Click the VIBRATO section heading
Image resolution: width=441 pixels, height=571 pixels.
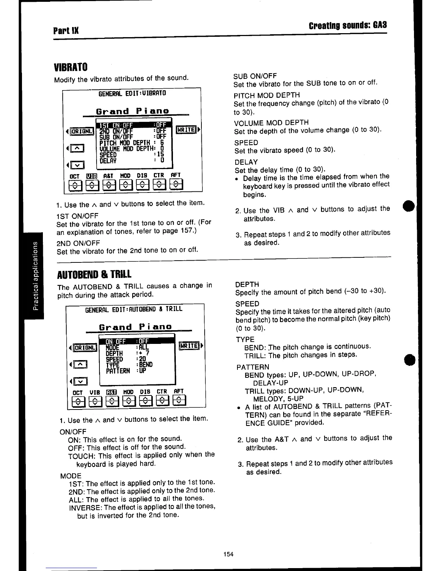(x=71, y=67)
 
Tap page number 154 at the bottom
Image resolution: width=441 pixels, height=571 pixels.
(x=228, y=554)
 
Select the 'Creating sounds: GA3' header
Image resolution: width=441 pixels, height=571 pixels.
(x=348, y=26)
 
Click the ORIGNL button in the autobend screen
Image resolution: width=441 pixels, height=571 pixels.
(x=85, y=348)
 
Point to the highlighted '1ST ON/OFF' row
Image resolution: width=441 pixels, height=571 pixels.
(x=133, y=125)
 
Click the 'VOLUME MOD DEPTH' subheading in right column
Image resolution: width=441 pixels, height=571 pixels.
(x=271, y=123)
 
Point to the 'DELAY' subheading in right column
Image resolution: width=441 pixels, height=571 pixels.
(x=246, y=162)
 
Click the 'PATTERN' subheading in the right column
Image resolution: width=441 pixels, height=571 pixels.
(x=253, y=367)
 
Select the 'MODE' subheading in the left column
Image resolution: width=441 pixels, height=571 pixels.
(x=71, y=475)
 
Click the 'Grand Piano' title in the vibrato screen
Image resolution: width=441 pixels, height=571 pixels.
(x=132, y=111)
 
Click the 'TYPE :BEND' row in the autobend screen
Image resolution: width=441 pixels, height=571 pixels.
(x=129, y=364)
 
